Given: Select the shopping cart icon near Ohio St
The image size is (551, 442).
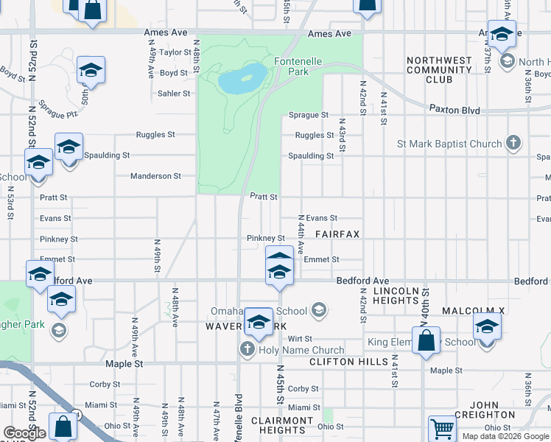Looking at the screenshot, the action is [x=442, y=429].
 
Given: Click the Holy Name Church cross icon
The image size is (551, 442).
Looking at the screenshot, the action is [x=248, y=350].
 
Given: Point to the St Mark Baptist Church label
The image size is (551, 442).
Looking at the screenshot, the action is [x=449, y=144].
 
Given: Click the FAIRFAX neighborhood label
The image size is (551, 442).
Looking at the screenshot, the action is [x=337, y=234].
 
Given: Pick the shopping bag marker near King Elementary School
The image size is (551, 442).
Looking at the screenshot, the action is [x=426, y=341].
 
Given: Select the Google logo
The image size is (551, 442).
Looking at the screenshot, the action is [x=24, y=433].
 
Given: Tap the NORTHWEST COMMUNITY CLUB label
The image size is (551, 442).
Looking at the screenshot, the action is [x=438, y=69].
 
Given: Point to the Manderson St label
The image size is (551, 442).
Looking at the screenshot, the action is [x=155, y=176].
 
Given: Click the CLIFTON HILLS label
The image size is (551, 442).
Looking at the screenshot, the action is [x=348, y=362].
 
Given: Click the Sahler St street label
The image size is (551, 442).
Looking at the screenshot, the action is [x=174, y=94].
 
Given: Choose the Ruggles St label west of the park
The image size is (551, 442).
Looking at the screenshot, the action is [x=155, y=135].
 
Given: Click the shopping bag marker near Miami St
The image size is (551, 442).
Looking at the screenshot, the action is [x=63, y=426].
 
